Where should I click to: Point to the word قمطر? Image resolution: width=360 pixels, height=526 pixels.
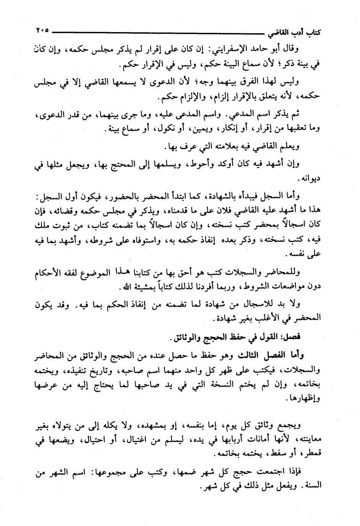312,454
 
